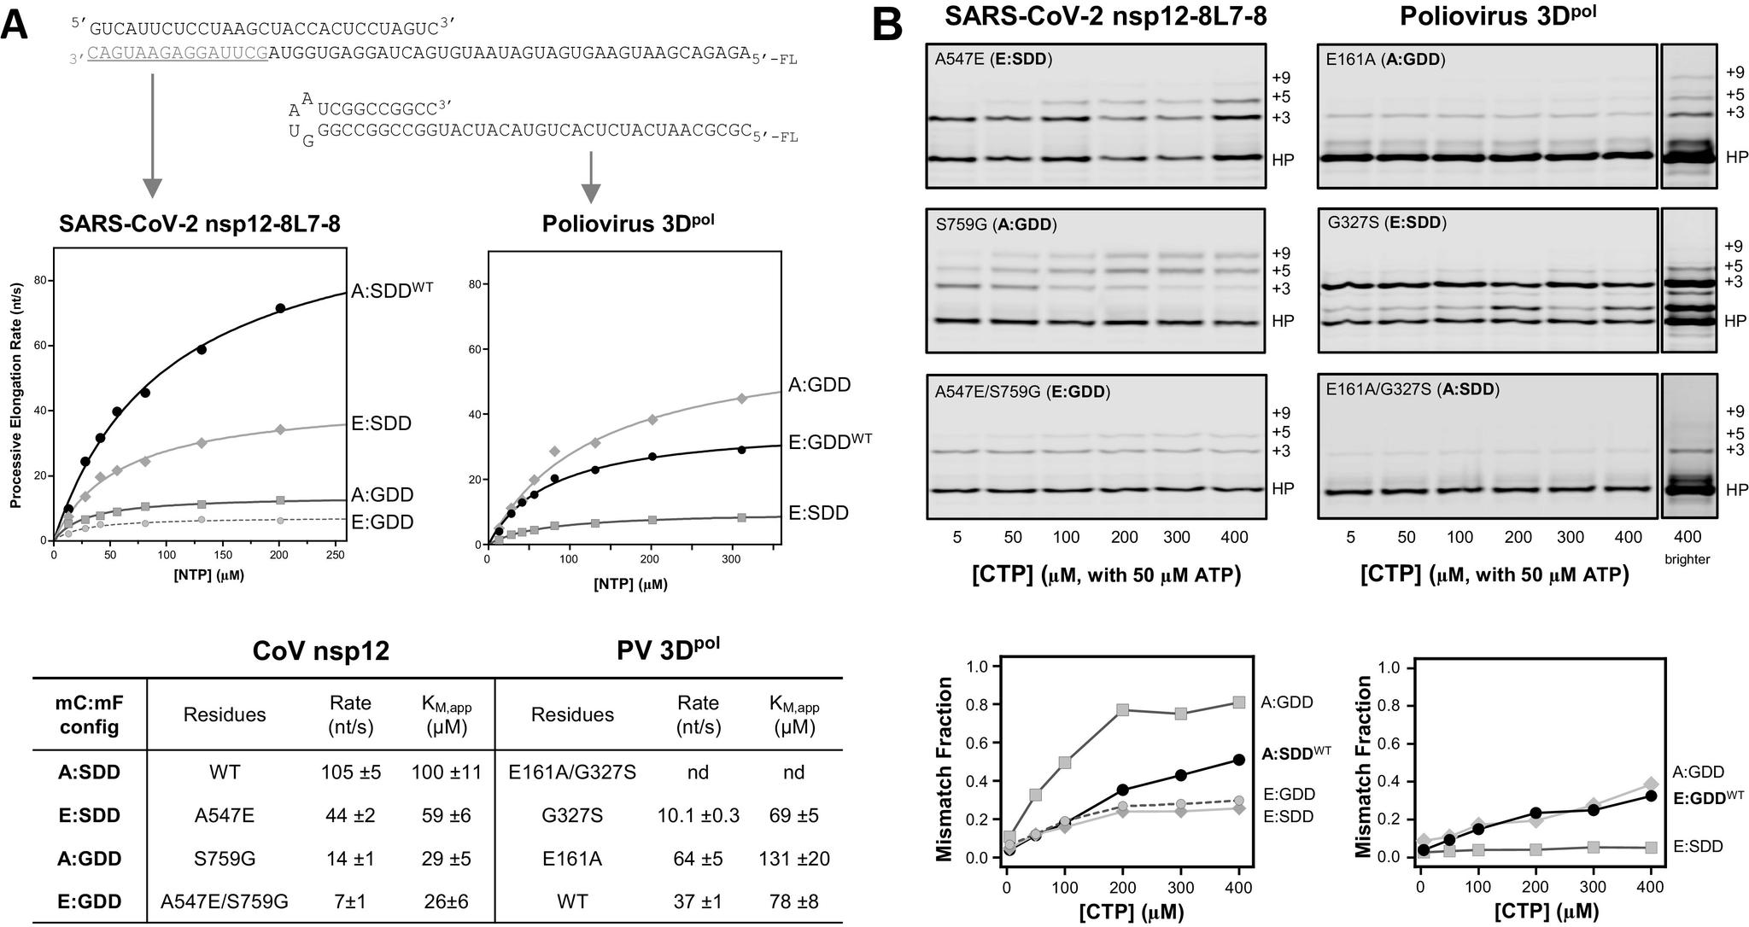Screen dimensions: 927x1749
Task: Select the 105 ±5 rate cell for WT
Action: click(x=351, y=772)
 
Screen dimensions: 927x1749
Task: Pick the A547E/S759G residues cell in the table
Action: click(x=225, y=901)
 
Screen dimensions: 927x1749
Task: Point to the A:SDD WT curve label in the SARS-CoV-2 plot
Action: click(x=392, y=289)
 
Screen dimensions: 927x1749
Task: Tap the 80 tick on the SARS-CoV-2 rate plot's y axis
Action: click(x=39, y=281)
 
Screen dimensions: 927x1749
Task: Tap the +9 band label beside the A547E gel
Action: click(x=1280, y=76)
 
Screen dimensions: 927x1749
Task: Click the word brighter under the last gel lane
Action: click(x=1688, y=559)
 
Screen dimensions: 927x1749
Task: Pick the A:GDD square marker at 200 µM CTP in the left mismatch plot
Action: click(x=1123, y=710)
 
